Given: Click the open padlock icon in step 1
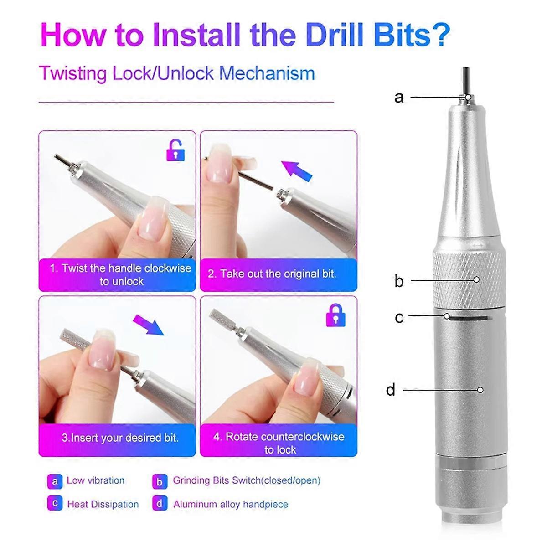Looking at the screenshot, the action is coord(175,150).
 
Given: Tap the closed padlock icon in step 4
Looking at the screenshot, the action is coord(336,315).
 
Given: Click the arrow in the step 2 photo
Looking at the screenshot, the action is coord(297,170).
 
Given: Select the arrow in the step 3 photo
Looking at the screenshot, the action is coord(149,325).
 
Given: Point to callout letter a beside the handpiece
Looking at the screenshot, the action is coord(399,98).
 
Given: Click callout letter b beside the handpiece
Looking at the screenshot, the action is coord(399,281).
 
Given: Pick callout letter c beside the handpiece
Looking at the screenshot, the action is coord(399,317).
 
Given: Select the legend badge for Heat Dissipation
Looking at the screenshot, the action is coord(55,503).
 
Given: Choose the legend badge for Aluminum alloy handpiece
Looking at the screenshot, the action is coord(160,503).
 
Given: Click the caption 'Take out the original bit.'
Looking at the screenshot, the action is coord(272,274).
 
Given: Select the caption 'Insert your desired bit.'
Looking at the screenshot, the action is coord(120,438).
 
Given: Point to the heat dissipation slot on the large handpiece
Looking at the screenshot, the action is coord(469,318).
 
